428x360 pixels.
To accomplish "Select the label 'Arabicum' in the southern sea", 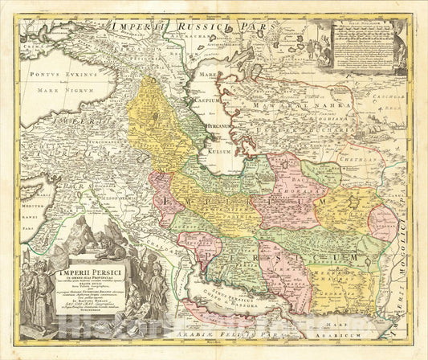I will (355, 329).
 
